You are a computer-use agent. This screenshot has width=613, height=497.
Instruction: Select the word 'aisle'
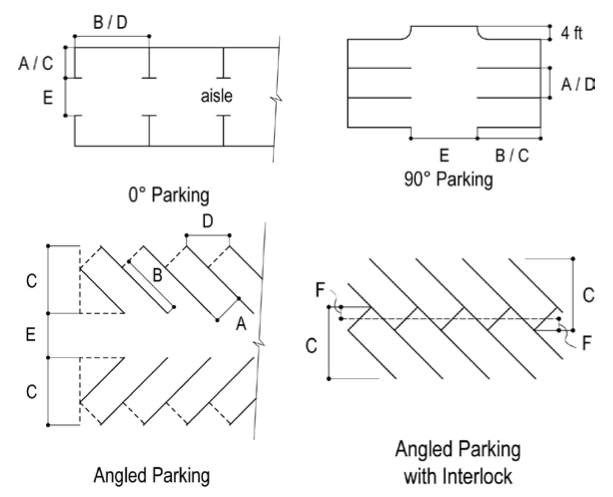pos(216,95)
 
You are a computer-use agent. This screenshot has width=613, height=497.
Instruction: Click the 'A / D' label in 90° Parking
pos(577,85)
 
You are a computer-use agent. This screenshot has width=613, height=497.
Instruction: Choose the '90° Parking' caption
pos(448,179)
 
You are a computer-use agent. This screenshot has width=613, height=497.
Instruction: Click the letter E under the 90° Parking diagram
pos(443,156)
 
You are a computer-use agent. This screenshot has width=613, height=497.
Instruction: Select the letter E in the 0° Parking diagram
pos(48,98)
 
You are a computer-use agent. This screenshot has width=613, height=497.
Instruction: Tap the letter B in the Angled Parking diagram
pos(157,275)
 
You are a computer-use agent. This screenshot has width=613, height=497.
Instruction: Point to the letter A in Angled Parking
pos(241,325)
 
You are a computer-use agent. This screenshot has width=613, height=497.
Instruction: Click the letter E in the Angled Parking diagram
pos(31,336)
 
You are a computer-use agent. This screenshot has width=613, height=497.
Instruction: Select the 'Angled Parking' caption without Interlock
pos(151,474)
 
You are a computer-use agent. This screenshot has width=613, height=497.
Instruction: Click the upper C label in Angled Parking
pos(31,282)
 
